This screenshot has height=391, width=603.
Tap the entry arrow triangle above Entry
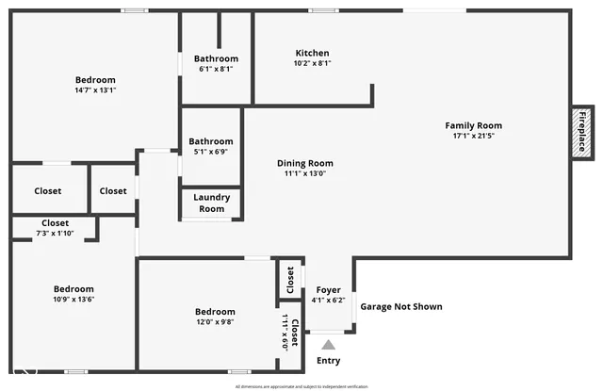pyautogui.click(x=328, y=345)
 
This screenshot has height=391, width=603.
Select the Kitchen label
pyautogui.click(x=312, y=53)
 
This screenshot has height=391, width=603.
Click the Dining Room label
pyautogui.click(x=304, y=163)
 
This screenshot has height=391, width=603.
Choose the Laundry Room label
pyautogui.click(x=211, y=203)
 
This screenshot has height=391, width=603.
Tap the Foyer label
pyautogui.click(x=328, y=290)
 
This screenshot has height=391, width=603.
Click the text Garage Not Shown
pyautogui.click(x=400, y=306)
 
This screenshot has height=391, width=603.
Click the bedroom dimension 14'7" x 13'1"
pyautogui.click(x=95, y=90)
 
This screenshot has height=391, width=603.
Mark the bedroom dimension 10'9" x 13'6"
pyautogui.click(x=73, y=299)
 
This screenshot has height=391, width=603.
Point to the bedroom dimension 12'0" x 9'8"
pyautogui.click(x=214, y=322)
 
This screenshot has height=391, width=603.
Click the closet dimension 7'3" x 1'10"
pyautogui.click(x=55, y=233)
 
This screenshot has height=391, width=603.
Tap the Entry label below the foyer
pyautogui.click(x=328, y=361)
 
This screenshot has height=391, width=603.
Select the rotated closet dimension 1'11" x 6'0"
pyautogui.click(x=285, y=332)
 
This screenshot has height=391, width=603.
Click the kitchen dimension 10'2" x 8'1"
pyautogui.click(x=312, y=63)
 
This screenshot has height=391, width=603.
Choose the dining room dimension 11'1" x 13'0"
pyautogui.click(x=304, y=173)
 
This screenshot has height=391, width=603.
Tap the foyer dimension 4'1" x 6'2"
pyautogui.click(x=328, y=301)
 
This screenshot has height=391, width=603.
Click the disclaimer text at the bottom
pyautogui.click(x=301, y=386)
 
